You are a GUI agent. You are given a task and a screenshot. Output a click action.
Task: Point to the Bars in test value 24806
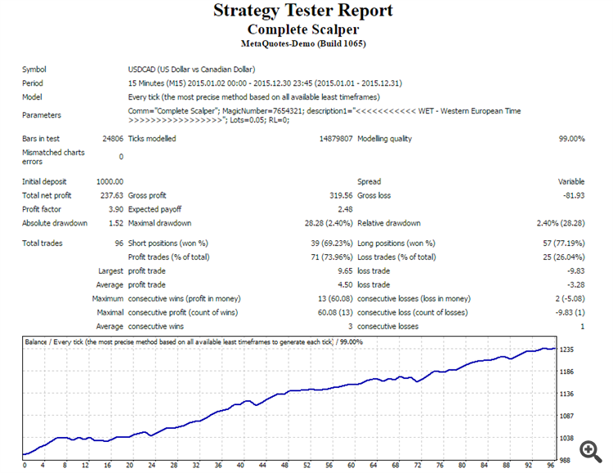tap(111, 139)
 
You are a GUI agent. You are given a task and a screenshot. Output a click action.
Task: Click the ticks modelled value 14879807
tap(335, 139)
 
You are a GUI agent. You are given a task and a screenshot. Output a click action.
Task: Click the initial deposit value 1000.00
tap(110, 181)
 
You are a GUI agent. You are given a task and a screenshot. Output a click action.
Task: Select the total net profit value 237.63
tap(111, 195)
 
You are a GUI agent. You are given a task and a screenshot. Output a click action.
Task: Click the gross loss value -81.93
tap(572, 195)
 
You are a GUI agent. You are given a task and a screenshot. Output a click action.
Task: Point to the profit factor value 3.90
tap(115, 209)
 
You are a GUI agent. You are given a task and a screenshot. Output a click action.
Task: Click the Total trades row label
tap(43, 243)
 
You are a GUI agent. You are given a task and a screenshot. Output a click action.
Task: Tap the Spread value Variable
tap(571, 181)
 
